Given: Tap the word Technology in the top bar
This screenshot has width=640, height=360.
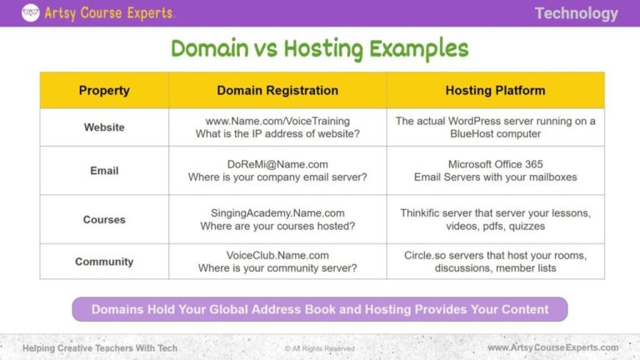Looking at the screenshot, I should click(x=576, y=13).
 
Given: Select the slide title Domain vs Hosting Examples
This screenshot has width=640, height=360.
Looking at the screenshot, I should click(x=320, y=48).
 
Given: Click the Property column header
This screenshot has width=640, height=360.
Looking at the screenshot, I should click(x=104, y=90).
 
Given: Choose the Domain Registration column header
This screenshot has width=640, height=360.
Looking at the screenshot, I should click(x=277, y=90).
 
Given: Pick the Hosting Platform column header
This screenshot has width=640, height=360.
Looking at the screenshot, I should click(x=495, y=90).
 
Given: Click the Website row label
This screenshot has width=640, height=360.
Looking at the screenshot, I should click(x=104, y=127).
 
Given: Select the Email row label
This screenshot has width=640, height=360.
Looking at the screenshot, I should click(x=104, y=171).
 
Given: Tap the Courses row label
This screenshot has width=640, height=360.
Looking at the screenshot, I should click(x=104, y=220).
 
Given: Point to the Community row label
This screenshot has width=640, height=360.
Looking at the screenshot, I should click(x=104, y=262).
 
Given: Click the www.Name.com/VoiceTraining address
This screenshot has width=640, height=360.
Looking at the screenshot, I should click(x=277, y=121).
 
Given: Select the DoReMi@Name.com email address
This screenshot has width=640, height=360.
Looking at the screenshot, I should click(x=277, y=164).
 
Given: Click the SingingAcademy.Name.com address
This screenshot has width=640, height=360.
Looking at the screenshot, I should click(x=277, y=213).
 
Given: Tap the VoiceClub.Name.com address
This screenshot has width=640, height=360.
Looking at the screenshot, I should click(x=277, y=255).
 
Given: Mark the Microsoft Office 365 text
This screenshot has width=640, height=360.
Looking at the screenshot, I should click(x=495, y=164).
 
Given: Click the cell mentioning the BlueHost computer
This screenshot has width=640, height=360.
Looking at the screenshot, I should click(x=495, y=127).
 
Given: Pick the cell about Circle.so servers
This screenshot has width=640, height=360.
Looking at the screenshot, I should click(x=495, y=262).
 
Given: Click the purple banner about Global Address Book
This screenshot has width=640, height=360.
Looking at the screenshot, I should click(x=320, y=309).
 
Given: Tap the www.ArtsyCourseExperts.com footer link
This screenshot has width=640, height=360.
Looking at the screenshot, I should click(x=552, y=347).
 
